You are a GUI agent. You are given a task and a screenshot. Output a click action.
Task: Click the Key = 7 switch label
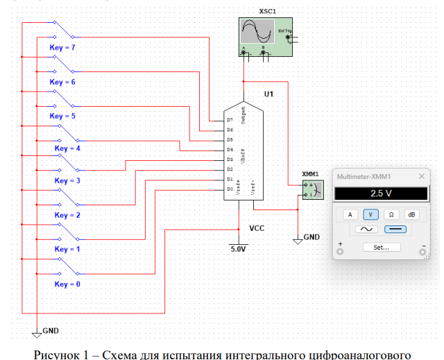pyautogui.click(x=62, y=47)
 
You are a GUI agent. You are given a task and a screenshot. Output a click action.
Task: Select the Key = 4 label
pyautogui.click(x=67, y=148)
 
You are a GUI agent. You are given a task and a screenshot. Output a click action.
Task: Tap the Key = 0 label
pyautogui.click(x=67, y=284)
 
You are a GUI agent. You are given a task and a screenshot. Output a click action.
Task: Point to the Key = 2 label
pyautogui.click(x=67, y=215)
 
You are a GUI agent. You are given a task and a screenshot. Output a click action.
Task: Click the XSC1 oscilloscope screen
pyautogui.click(x=255, y=32)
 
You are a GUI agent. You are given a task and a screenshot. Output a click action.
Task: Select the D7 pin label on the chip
pyautogui.click(x=230, y=120)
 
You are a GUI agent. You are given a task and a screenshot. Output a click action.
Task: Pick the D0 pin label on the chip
pyautogui.click(x=230, y=189)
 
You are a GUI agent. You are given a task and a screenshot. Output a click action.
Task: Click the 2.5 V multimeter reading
pyautogui.click(x=381, y=194)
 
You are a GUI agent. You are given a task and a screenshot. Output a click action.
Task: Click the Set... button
pyautogui.click(x=381, y=246)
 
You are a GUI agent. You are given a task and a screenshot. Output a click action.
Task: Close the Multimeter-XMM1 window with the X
pyautogui.click(x=421, y=176)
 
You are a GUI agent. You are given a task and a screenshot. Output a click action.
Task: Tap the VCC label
pyautogui.click(x=257, y=228)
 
